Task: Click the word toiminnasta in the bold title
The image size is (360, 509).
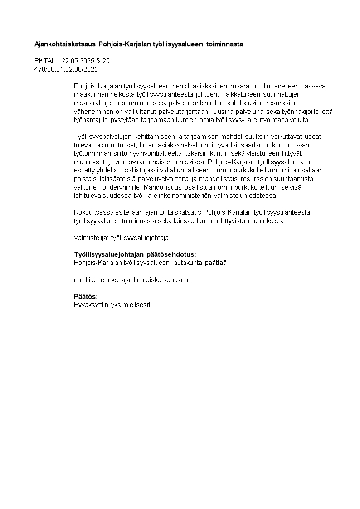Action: point(224,44)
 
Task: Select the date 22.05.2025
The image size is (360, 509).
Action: point(78,61)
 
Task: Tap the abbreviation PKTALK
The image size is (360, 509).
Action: point(47,61)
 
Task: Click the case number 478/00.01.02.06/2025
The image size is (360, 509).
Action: point(66,69)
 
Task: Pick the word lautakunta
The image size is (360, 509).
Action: point(188,263)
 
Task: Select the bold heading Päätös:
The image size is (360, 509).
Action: point(86,296)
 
